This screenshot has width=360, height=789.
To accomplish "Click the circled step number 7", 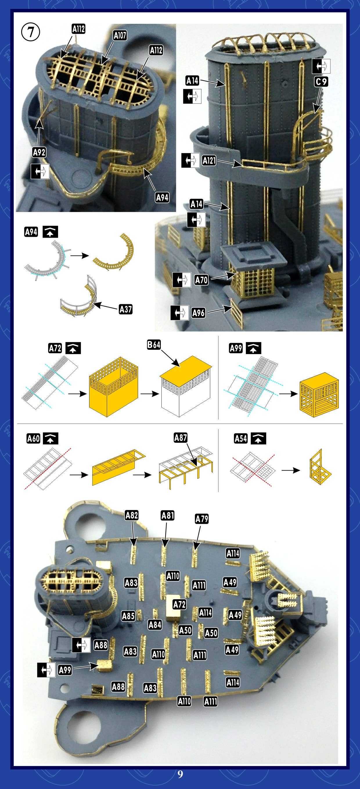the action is click(x=30, y=32).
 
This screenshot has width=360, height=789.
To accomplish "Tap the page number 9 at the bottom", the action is click(x=180, y=774).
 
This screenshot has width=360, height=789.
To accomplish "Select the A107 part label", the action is click(x=120, y=35).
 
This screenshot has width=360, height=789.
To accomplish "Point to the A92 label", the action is click(x=39, y=152).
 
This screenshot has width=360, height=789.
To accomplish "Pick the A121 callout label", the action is click(x=209, y=160).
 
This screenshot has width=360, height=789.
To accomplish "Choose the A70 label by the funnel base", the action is click(x=201, y=280).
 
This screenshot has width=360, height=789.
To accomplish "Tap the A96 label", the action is click(x=198, y=313).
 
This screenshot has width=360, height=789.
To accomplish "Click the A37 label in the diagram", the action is click(x=125, y=309).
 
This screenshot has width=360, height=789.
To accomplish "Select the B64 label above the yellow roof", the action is click(x=154, y=345).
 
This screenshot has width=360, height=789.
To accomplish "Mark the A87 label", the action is click(x=181, y=438).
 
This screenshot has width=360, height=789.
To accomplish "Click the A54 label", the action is click(x=241, y=439).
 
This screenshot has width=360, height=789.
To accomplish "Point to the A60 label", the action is click(x=33, y=439).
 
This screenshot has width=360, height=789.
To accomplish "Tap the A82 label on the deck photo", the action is click(x=132, y=515).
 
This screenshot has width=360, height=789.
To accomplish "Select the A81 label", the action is click(x=168, y=515).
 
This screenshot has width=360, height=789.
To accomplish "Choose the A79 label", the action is click(x=201, y=519).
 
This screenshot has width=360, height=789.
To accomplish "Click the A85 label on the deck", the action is click(x=128, y=616).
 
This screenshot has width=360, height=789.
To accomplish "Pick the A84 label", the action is click(x=155, y=625).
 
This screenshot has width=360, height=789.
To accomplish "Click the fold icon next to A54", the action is click(x=258, y=439).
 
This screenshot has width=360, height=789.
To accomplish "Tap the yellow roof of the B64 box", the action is click(x=186, y=368).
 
